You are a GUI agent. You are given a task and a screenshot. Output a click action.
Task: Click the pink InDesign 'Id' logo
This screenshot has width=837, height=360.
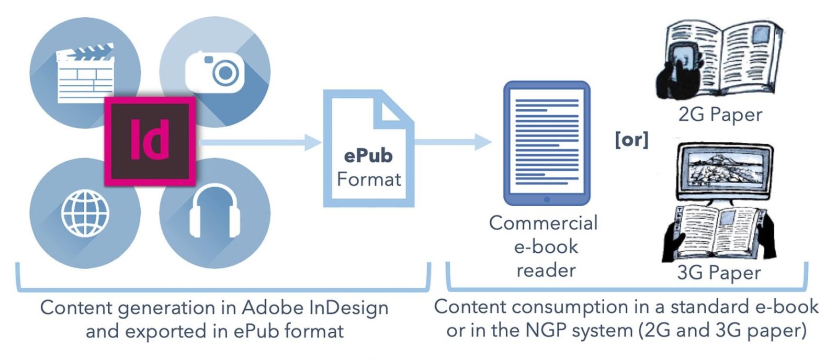150,140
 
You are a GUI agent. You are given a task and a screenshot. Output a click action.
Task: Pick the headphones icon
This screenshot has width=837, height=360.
214,212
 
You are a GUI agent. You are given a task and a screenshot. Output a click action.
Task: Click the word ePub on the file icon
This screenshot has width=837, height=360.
368,155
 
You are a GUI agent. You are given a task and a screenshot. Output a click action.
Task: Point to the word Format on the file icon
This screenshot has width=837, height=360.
369,179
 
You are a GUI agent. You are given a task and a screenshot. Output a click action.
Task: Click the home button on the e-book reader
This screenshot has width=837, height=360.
547,199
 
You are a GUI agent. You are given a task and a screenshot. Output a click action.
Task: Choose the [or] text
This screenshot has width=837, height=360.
632,140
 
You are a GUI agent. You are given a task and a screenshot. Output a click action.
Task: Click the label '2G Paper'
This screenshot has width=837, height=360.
720,115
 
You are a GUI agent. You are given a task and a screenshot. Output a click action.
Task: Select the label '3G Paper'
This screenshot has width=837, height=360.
719,273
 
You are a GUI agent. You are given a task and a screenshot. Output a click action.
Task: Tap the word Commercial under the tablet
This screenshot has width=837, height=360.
543,223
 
